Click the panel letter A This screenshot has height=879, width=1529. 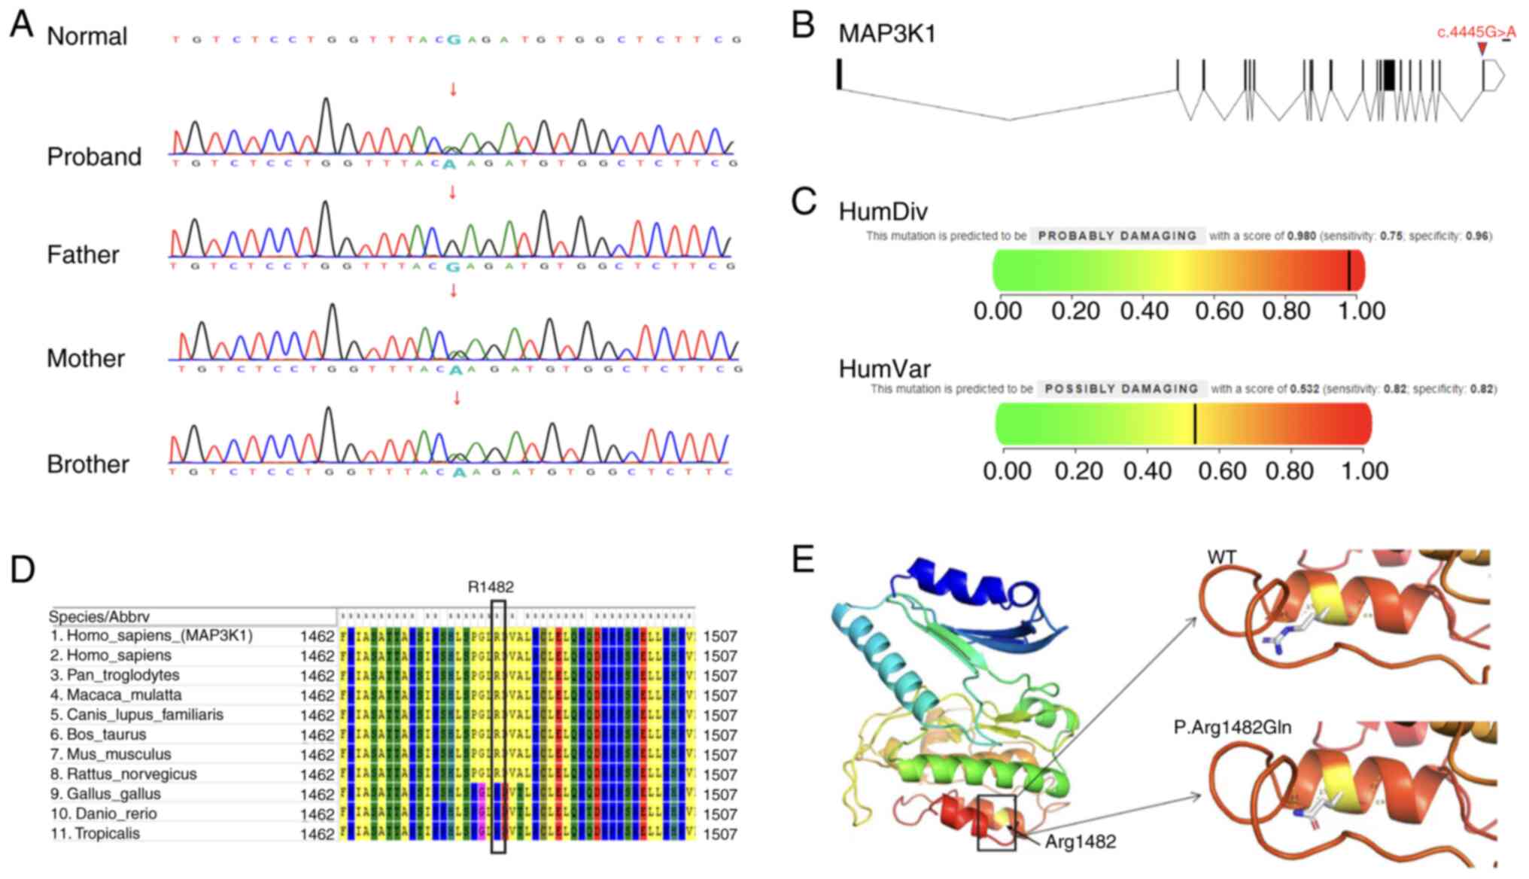coord(22,24)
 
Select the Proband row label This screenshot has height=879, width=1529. coord(94,157)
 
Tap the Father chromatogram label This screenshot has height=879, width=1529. coord(83,254)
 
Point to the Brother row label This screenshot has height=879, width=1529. coord(88,464)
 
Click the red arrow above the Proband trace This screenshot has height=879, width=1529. coord(453,90)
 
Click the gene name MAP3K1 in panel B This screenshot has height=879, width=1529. coord(887,34)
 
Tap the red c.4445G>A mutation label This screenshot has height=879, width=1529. coord(1476,32)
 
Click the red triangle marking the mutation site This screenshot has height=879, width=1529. coord(1482,49)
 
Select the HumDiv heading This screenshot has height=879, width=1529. coord(883,211)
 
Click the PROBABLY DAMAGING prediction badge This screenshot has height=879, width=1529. coord(1117,236)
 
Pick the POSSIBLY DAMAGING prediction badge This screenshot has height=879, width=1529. coord(1122,389)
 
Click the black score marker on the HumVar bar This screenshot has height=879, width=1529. coord(1195,424)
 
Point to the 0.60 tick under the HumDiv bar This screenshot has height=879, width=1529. coord(1219,311)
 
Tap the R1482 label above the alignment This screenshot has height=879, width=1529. coord(491,587)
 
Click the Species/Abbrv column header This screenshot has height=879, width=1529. coord(99,616)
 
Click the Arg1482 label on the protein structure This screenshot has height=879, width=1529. coord(1080,841)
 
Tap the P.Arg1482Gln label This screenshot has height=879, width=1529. coord(1233,727)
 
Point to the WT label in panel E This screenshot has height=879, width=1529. coord(1221,558)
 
